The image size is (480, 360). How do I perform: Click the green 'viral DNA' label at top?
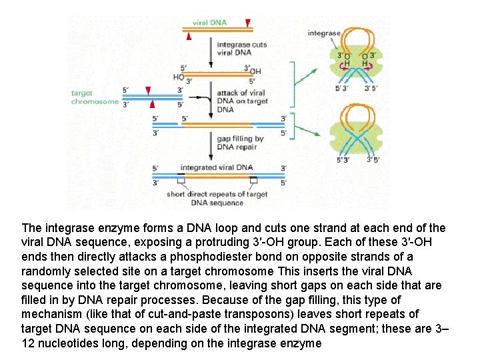pos(209,22)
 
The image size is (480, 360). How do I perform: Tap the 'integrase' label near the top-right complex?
pos(323,33)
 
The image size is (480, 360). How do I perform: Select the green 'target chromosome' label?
pos(95,97)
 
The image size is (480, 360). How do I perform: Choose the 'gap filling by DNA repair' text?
pos(240,143)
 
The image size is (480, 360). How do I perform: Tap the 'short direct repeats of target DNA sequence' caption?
pos(217,198)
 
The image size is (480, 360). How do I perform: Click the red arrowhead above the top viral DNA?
pos(248,23)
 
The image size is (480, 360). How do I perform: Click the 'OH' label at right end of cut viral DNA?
pos(255,71)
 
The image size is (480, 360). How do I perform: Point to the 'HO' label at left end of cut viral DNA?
pos(178,77)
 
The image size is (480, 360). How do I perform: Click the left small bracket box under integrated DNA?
pos(181,180)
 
